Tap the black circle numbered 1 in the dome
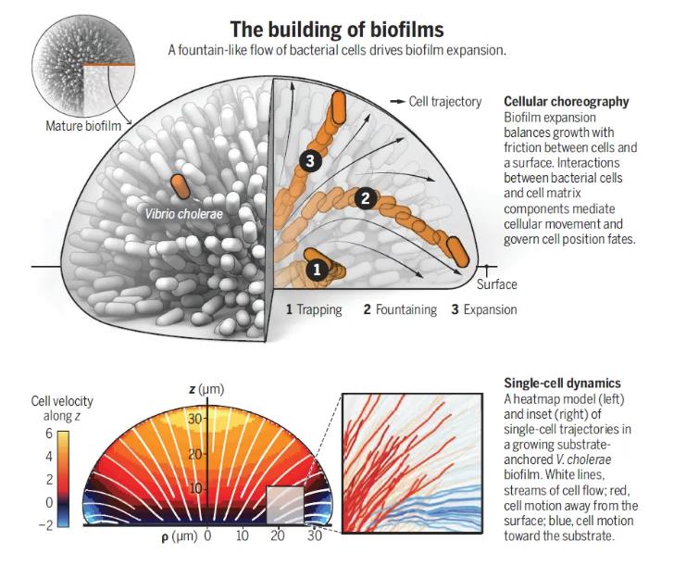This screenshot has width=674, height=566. coord(316,270)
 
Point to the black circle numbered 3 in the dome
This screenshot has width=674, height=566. coord(310,161)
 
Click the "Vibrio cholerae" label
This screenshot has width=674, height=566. coord(185,213)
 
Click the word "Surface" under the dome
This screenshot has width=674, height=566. coord(496,284)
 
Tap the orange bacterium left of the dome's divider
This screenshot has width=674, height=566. coord(179,185)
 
